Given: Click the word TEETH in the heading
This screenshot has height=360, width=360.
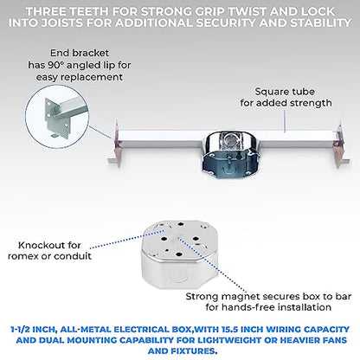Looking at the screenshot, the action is (89, 11).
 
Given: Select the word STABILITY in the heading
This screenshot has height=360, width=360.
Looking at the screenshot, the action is (321, 22).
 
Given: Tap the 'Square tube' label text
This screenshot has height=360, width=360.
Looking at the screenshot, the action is (285, 92).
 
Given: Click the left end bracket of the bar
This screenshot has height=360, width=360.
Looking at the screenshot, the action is (115, 145).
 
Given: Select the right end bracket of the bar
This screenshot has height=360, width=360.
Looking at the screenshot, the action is (341, 145).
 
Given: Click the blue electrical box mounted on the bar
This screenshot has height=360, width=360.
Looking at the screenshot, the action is (227, 154).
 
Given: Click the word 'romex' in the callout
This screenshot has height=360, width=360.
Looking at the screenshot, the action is (23, 256).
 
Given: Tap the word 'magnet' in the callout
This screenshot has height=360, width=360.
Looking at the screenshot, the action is (241, 297).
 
